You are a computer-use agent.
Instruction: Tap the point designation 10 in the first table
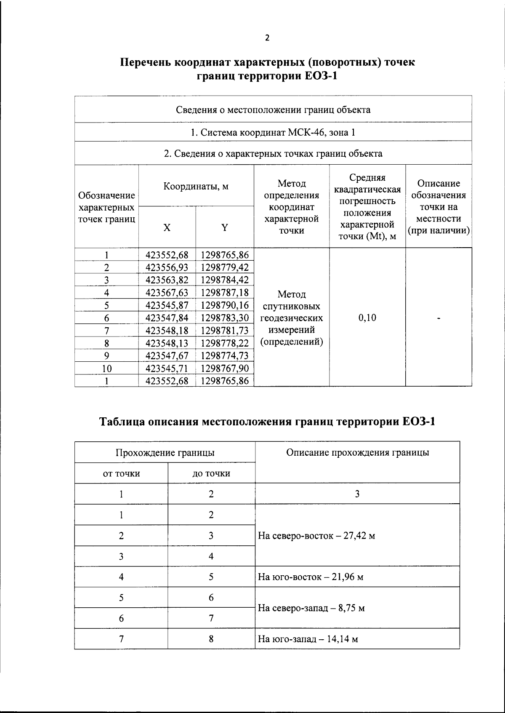point(107,369)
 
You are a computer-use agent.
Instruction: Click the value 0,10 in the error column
point(367,318)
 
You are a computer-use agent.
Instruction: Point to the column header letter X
point(167,228)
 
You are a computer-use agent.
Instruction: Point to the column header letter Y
point(225,228)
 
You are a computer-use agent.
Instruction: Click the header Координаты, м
point(196,186)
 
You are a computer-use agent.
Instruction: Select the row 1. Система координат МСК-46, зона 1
point(273,133)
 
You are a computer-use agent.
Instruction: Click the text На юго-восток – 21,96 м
point(311,577)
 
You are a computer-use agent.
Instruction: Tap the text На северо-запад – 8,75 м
point(311,608)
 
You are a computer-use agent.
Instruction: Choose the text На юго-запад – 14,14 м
point(308,639)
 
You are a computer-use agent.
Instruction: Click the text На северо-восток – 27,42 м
point(316,536)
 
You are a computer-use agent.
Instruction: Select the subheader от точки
point(121,473)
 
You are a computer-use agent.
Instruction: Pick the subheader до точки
point(211,473)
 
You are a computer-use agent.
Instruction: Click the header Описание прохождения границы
point(357,453)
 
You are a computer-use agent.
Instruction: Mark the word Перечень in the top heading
point(146,62)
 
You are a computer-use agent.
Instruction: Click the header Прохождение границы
point(165,453)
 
